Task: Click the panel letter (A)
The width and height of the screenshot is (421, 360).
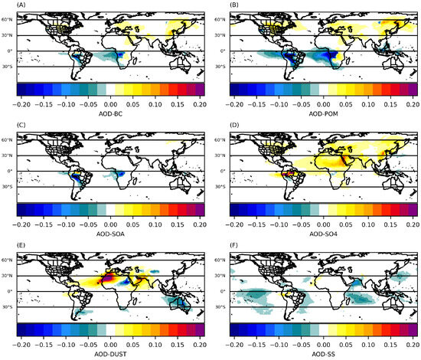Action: click(9, 5)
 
